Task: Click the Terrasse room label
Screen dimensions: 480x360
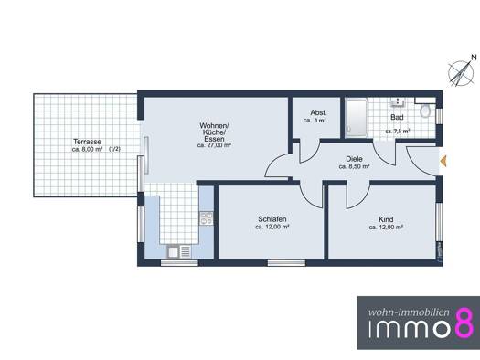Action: [x=87, y=142]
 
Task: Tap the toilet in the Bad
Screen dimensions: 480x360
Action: [x=424, y=111]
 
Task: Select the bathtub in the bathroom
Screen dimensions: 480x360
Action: [x=356, y=118]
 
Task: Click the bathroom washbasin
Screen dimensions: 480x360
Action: [x=398, y=102]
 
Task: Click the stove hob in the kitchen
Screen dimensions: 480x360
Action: [x=207, y=218]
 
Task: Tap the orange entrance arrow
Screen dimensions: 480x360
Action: [x=443, y=161]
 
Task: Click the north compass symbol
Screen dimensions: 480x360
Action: [x=459, y=73]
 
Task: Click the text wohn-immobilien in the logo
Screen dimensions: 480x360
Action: [x=409, y=312]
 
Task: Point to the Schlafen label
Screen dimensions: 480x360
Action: [x=272, y=219]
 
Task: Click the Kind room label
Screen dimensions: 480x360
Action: [x=386, y=219]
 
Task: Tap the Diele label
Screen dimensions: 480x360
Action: [x=354, y=159]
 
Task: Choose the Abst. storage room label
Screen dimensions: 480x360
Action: [x=318, y=112]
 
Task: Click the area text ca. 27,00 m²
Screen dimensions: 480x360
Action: [x=214, y=145]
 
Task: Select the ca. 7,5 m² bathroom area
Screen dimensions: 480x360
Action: [x=398, y=132]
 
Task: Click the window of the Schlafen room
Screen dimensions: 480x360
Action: [x=286, y=263]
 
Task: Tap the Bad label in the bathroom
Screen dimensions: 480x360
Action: [x=397, y=117]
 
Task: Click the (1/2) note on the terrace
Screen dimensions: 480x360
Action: [x=115, y=149]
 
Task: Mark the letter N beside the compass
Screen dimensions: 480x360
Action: [x=474, y=57]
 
